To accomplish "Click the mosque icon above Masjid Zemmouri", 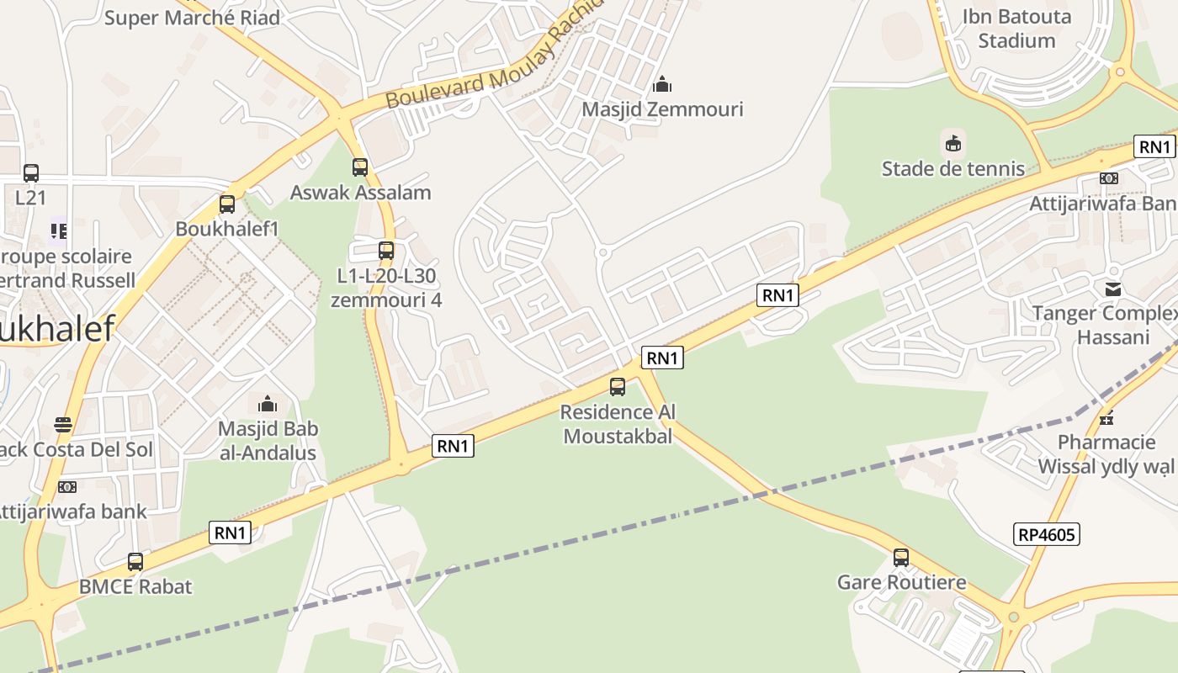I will (x=662, y=84).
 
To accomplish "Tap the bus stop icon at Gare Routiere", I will (x=901, y=557).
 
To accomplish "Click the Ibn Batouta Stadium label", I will (x=1016, y=29).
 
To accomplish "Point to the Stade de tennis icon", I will (x=953, y=144).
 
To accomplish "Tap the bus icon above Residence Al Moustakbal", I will (x=618, y=387).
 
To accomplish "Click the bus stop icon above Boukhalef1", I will (x=227, y=204).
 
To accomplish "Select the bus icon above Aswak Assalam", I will (x=360, y=167).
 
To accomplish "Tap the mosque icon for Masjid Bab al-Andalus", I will (x=268, y=404).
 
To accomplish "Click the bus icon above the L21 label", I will (x=31, y=173).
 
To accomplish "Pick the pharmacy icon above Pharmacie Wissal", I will (x=1106, y=417).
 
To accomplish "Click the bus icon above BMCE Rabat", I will (x=135, y=561).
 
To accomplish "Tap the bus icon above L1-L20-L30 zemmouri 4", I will (x=386, y=250).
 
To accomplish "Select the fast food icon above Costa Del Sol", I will (x=63, y=425).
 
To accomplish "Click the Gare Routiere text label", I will (x=901, y=582).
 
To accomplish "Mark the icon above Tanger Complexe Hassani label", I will (x=1113, y=289).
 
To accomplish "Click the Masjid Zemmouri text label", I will (x=663, y=109).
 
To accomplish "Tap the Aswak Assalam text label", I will (x=360, y=193).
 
